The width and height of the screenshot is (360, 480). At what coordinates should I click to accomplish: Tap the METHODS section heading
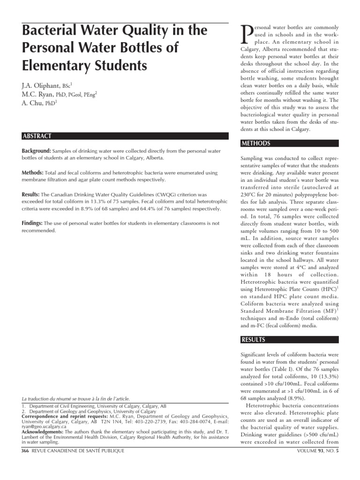(x=256, y=143)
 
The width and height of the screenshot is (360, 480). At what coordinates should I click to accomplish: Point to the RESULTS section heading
(x=254, y=339)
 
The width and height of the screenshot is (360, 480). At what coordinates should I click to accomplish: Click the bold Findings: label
(x=32, y=224)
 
